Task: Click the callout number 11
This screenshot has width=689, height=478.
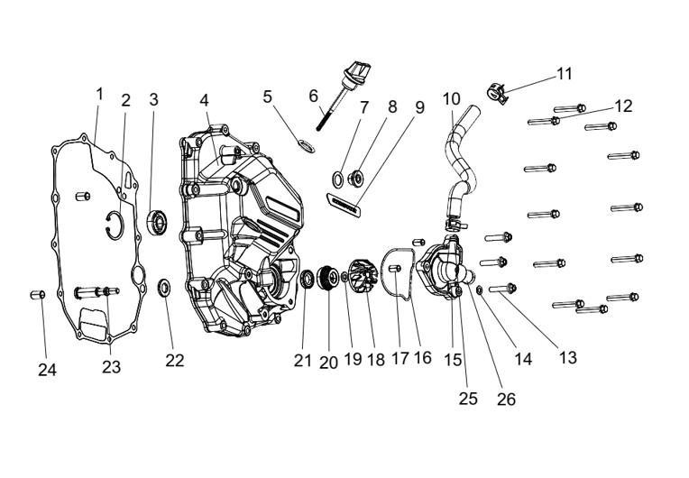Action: pyautogui.click(x=565, y=74)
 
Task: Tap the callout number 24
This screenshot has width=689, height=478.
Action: pyautogui.click(x=47, y=370)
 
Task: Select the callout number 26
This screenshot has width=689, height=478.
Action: pyautogui.click(x=506, y=399)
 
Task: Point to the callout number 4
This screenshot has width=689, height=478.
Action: pyautogui.click(x=204, y=100)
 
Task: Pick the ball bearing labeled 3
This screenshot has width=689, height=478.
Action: pyautogui.click(x=156, y=222)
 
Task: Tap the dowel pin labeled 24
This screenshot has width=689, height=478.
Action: pyautogui.click(x=37, y=294)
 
